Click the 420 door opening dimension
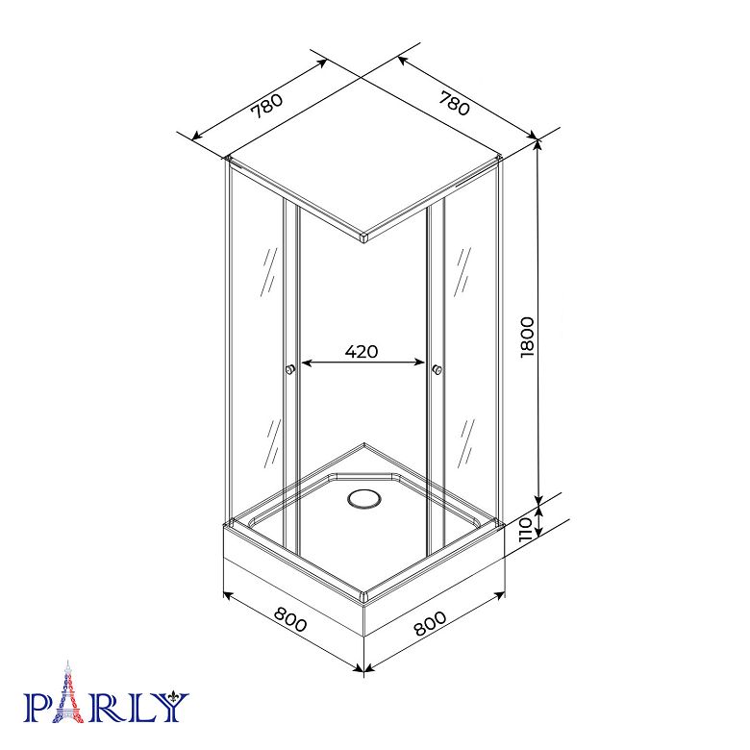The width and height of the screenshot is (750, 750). point(362,352)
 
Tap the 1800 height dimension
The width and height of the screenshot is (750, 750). point(527,337)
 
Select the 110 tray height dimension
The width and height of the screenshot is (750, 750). point(526,529)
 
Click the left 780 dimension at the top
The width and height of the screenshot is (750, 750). point(267,105)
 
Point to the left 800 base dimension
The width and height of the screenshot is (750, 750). point(289,619)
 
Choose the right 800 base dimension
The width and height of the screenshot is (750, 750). point(430,623)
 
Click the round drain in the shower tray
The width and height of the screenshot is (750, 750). point(364,500)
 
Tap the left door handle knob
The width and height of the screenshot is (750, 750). point(289,369)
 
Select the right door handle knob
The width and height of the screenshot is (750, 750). point(437,369)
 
